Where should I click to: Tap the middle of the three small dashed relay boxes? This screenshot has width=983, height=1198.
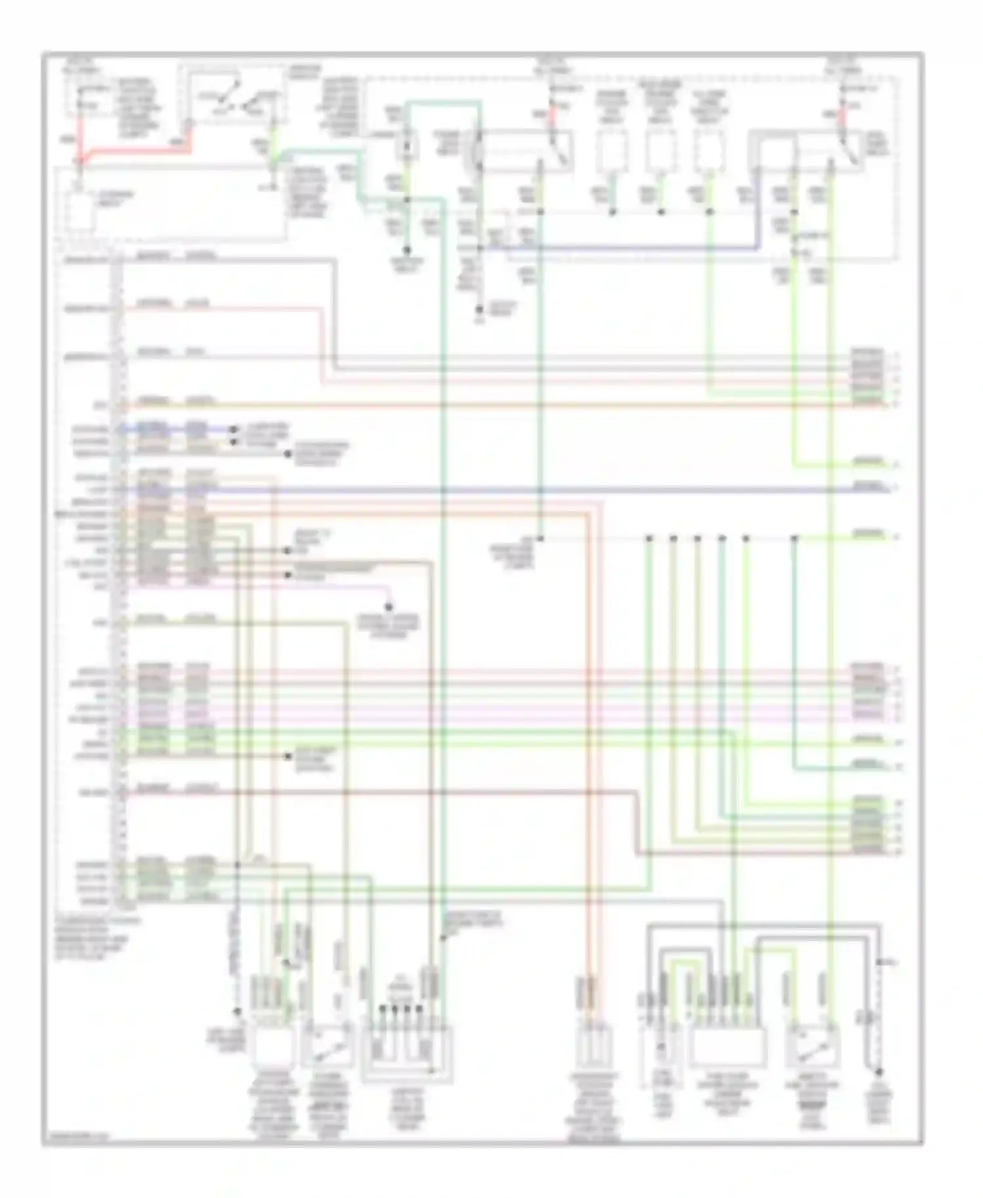point(661,151)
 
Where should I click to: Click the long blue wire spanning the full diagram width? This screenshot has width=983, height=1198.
point(498,489)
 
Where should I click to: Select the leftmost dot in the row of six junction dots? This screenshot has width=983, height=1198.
point(648,539)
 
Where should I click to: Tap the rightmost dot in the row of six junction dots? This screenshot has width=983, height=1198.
point(794,539)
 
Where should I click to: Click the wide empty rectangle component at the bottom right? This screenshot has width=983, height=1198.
point(728,1047)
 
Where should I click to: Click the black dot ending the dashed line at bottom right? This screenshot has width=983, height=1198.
point(878,1072)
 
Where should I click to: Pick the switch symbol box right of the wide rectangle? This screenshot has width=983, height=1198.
point(813,1047)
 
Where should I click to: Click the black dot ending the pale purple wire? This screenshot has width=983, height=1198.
point(388,607)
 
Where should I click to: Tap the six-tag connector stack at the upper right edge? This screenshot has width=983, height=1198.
point(866,378)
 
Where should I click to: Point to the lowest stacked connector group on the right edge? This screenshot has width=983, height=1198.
point(866,826)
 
